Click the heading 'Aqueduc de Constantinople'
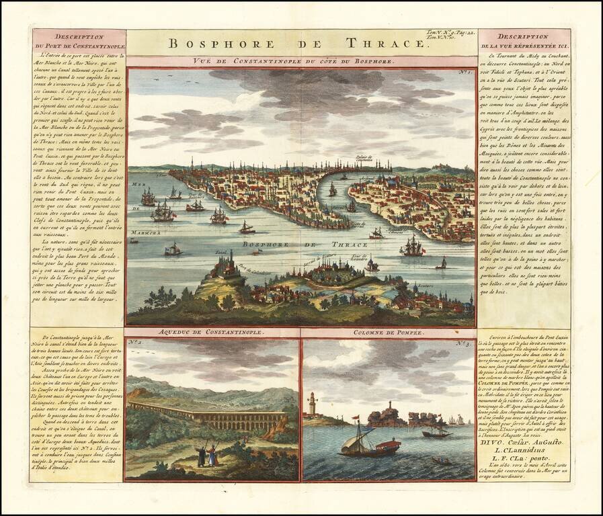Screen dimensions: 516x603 (211, 333)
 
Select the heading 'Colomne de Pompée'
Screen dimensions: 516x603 (388, 333)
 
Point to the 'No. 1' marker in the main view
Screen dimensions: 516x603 (463, 72)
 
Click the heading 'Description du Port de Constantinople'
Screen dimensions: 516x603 (79, 40)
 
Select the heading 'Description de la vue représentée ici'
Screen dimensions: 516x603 (524, 40)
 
